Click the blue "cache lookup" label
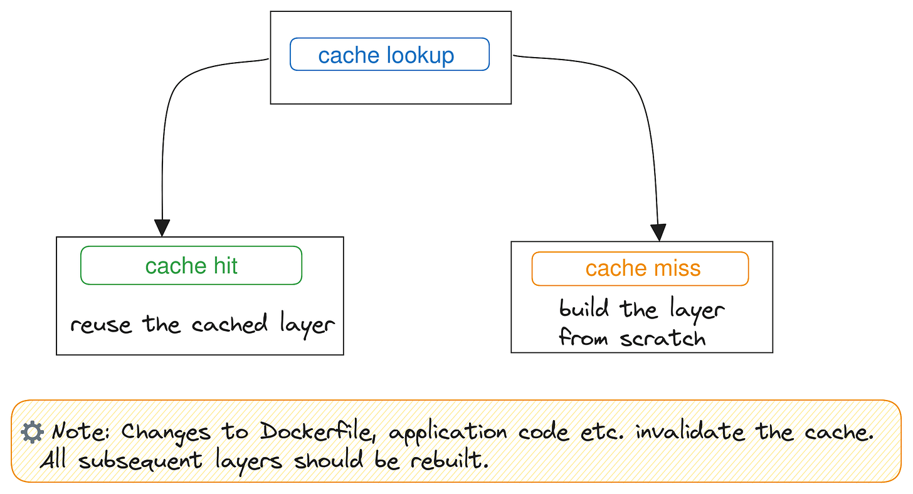tap(389, 55)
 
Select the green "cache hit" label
tap(191, 266)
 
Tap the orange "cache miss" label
tap(640, 268)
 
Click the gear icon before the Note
tap(31, 432)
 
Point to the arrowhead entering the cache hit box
tap(162, 228)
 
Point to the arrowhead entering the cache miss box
tap(658, 233)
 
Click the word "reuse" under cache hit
tap(101, 325)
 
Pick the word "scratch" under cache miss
tap(663, 339)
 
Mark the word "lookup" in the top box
tap(420, 55)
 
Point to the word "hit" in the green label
tap(224, 266)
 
